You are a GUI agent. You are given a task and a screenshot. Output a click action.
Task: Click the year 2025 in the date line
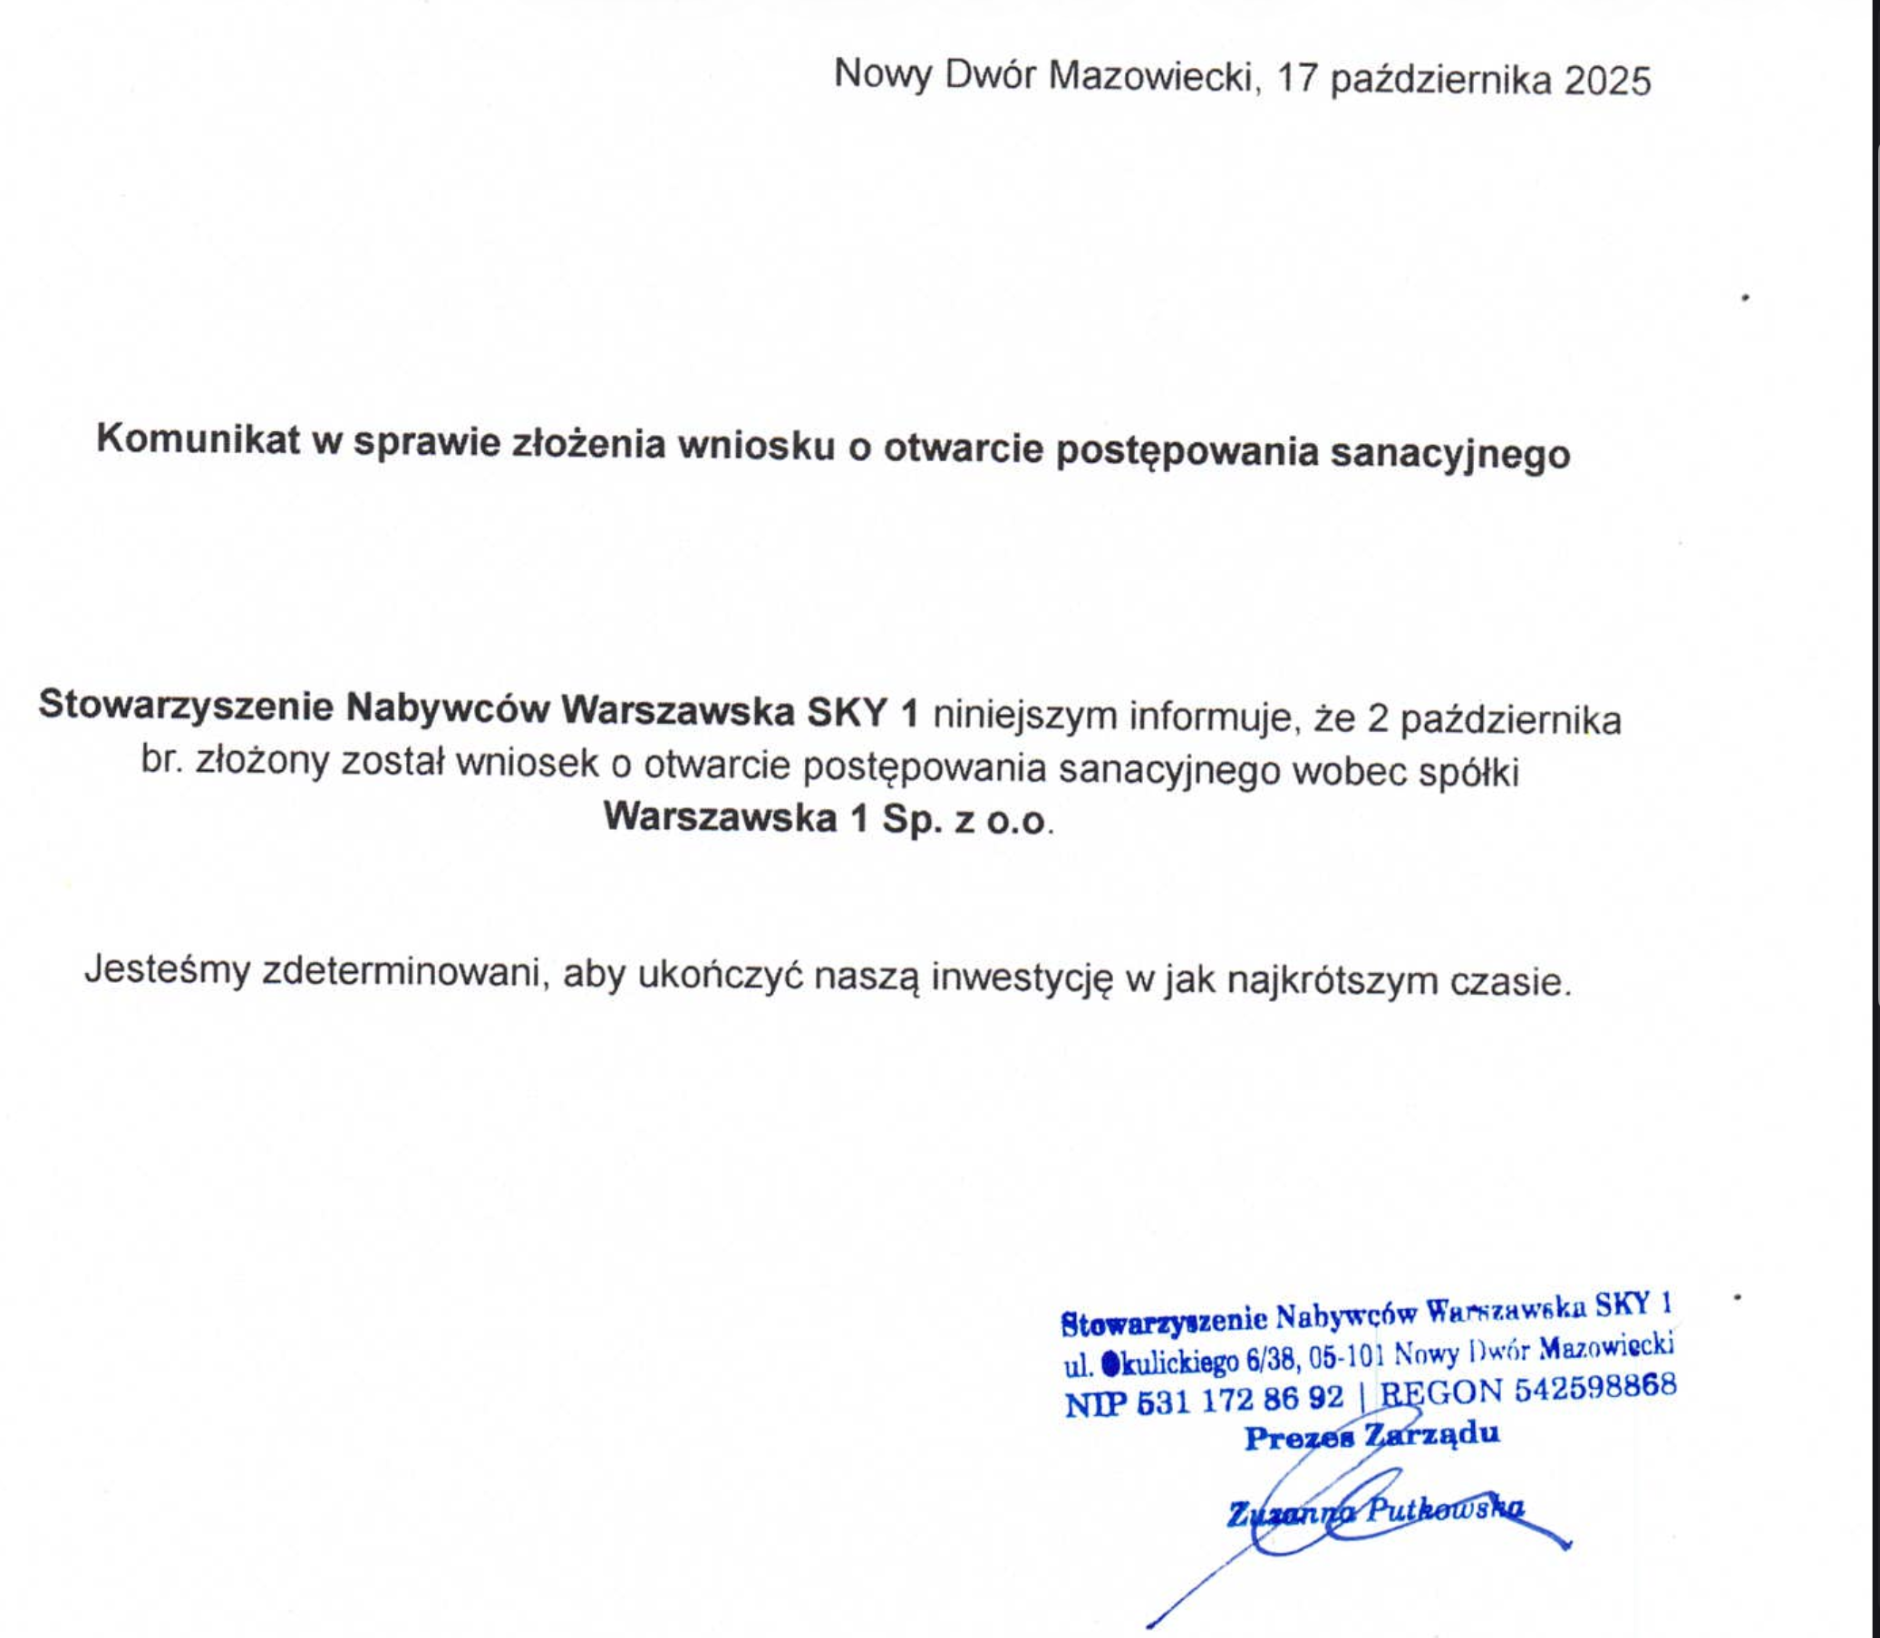point(1606,82)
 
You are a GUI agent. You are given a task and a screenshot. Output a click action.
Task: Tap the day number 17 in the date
point(1295,80)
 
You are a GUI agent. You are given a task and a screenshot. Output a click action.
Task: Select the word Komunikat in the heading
point(198,440)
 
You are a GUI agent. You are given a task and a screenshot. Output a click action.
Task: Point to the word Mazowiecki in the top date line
point(1149,77)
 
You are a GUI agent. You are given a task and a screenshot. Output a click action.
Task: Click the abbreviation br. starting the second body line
point(162,759)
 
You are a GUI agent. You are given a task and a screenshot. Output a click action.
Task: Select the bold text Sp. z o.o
point(964,819)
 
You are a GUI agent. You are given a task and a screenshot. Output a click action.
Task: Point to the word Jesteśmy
point(167,969)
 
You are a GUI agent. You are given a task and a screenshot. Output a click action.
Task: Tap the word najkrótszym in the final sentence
point(1320,981)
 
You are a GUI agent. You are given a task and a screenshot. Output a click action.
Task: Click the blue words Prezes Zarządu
point(1371,1436)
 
